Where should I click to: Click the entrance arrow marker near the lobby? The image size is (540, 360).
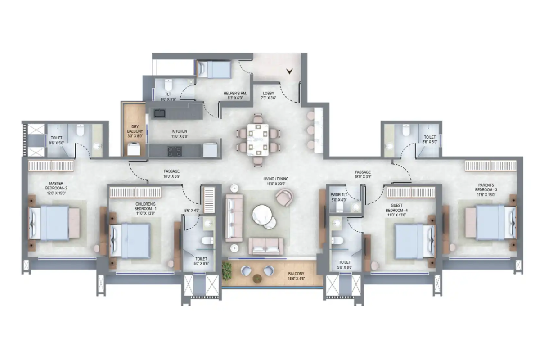pyautogui.click(x=289, y=71)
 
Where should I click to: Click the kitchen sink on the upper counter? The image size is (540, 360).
pyautogui.click(x=160, y=113)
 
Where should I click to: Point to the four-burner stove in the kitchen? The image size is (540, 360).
pyautogui.click(x=175, y=151)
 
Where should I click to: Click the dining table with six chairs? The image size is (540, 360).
pyautogui.click(x=258, y=140)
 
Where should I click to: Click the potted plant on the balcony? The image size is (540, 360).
pyautogui.click(x=227, y=271)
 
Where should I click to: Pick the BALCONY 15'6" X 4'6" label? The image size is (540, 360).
pyautogui.click(x=296, y=276)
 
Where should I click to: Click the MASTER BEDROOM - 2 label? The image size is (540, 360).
pyautogui.click(x=56, y=188)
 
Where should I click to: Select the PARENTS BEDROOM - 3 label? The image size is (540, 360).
pyautogui.click(x=486, y=190)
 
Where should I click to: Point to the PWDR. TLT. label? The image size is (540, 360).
pyautogui.click(x=339, y=195)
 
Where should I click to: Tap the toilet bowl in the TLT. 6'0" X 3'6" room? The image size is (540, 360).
pyautogui.click(x=168, y=85)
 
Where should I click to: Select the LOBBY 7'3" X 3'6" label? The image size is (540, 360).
pyautogui.click(x=268, y=96)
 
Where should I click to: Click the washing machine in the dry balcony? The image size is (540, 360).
pyautogui.click(x=134, y=149)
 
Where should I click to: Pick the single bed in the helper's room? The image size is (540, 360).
pyautogui.click(x=214, y=69)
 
